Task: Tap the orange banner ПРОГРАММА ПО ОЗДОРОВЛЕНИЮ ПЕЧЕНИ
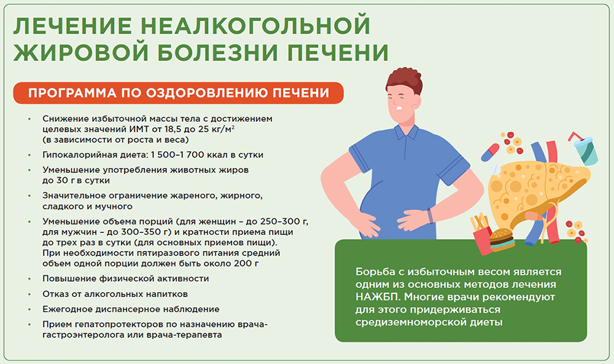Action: [178, 93]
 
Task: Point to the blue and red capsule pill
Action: [490, 152]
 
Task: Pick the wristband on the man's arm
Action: [430, 216]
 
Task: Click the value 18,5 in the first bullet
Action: [169, 130]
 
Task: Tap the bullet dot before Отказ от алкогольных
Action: [29, 294]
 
